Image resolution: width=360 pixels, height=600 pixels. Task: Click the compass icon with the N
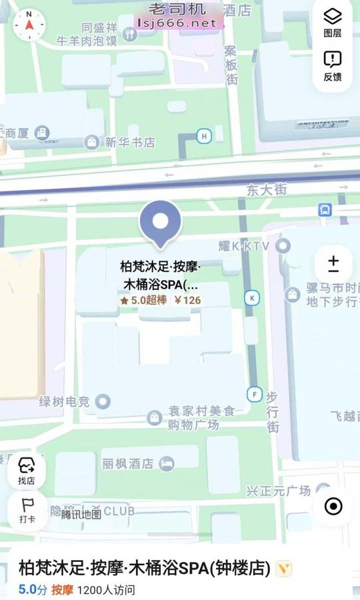29,25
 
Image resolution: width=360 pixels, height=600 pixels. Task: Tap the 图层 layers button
333,21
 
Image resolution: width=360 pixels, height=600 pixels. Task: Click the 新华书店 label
129,142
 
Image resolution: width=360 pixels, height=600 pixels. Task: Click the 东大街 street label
266,190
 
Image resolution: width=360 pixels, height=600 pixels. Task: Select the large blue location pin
160,223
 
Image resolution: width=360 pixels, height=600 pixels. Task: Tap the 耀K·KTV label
244,246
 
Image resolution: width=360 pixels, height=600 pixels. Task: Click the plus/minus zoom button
333,265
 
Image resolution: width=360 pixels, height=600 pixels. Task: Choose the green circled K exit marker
252,298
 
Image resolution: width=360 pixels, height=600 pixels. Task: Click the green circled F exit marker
254,393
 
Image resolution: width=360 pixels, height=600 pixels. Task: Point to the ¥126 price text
187,300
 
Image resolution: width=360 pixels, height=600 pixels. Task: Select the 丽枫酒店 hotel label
128,463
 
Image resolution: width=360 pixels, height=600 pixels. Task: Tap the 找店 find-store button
27,471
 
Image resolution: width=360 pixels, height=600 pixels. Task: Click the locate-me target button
333,506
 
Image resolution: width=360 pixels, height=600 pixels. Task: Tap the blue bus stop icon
325,209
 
